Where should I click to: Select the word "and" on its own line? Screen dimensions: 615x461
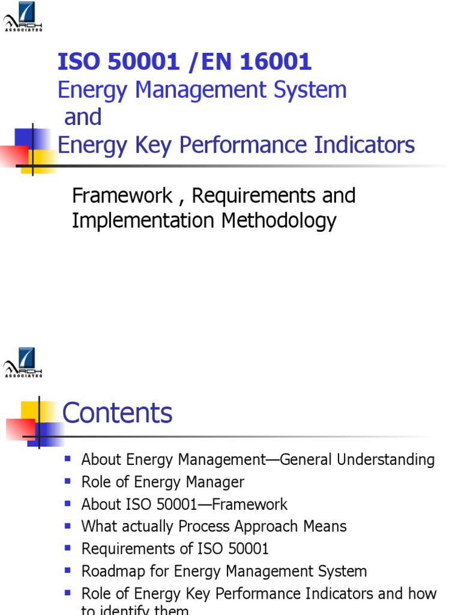coord(83,117)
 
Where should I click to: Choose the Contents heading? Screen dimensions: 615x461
coord(118,413)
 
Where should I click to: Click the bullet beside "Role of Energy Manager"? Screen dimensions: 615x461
coord(68,481)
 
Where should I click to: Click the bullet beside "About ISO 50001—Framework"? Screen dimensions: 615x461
coord(68,503)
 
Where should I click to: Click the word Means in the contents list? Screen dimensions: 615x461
coord(327,527)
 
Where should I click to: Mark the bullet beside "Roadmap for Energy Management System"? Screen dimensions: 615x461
coord(68,570)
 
